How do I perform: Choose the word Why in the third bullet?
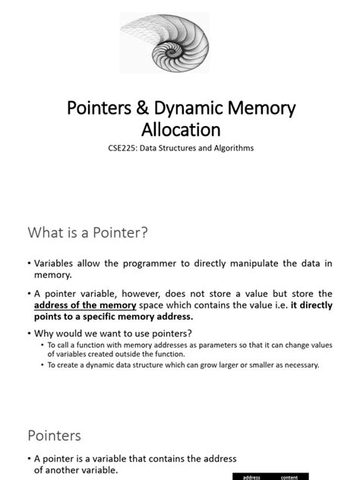click(45, 333)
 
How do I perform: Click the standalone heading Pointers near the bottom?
click(55, 435)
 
